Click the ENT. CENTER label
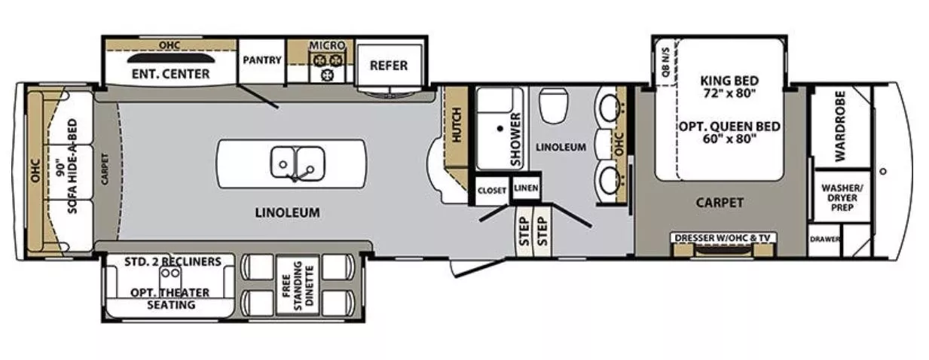pos(170,74)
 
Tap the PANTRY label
pos(262,60)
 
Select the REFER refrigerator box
pos(388,66)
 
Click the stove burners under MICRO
pos(328,66)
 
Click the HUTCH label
pos(455,125)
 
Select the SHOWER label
pos(515,140)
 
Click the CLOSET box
pos(491,191)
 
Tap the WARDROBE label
pos(841,126)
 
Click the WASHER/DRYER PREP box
pos(842,197)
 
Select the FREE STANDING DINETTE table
pos(298,286)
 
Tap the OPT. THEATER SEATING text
pos(170,298)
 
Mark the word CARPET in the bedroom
pos(720,203)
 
